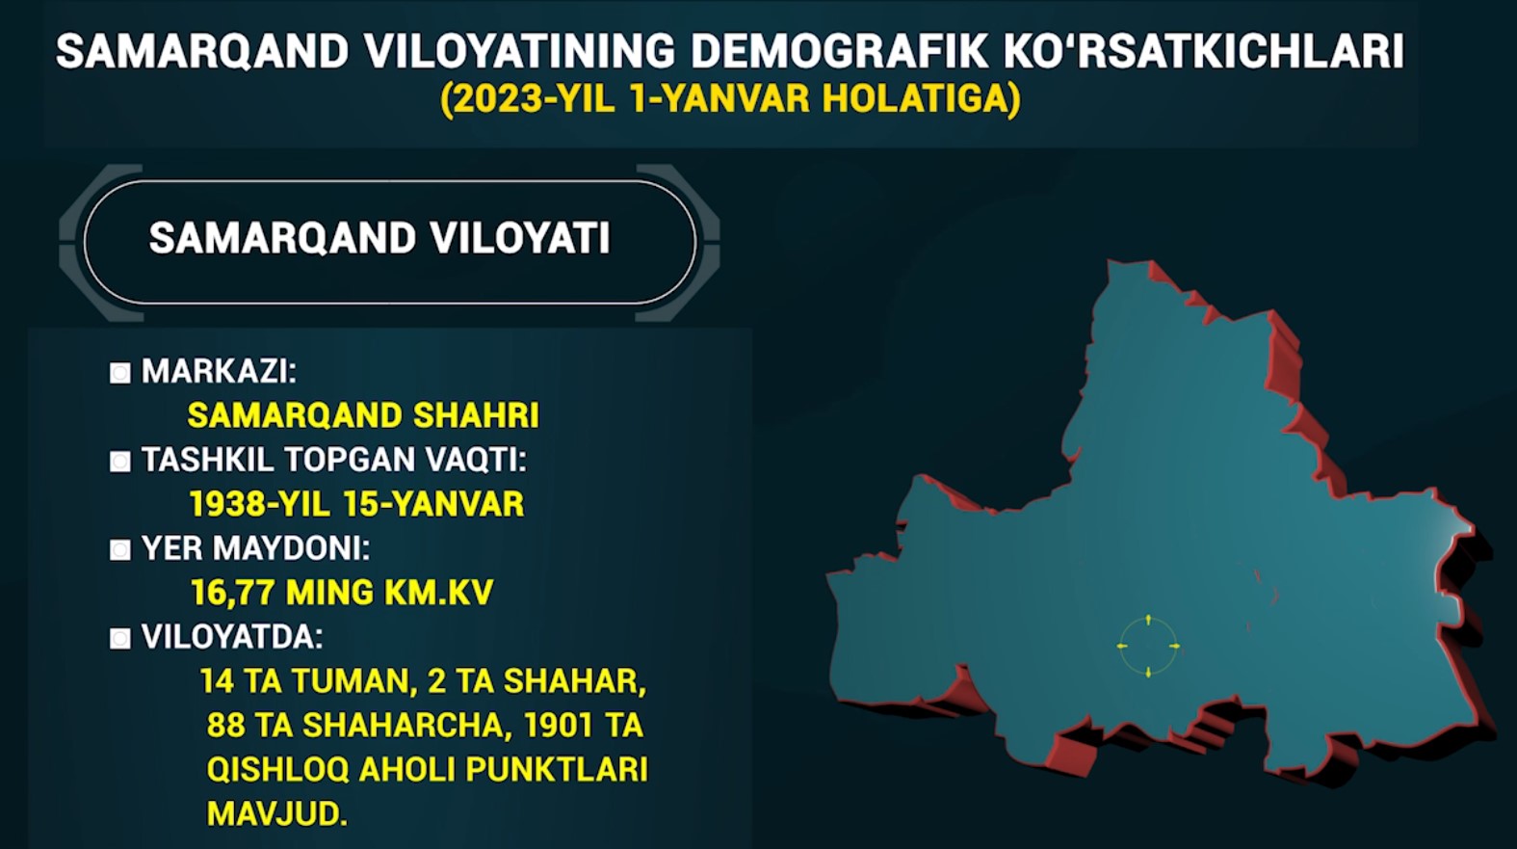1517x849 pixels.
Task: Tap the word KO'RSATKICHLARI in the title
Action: [1204, 51]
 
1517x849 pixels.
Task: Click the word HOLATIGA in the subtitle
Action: [916, 98]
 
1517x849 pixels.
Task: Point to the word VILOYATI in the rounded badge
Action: [520, 238]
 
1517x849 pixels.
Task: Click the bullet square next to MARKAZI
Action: [119, 373]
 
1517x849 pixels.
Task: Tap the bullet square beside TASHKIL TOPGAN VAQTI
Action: [119, 462]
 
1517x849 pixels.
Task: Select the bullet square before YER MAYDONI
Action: [119, 550]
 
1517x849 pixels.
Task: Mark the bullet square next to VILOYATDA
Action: [119, 639]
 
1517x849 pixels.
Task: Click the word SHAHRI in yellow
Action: [476, 415]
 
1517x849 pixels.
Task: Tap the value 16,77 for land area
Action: [232, 593]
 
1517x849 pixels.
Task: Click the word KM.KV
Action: [439, 593]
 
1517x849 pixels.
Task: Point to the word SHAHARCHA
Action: [403, 726]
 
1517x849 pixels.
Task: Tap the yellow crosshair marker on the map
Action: [1148, 646]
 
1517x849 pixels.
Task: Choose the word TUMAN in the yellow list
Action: [354, 681]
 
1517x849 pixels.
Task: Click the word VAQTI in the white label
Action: [476, 460]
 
